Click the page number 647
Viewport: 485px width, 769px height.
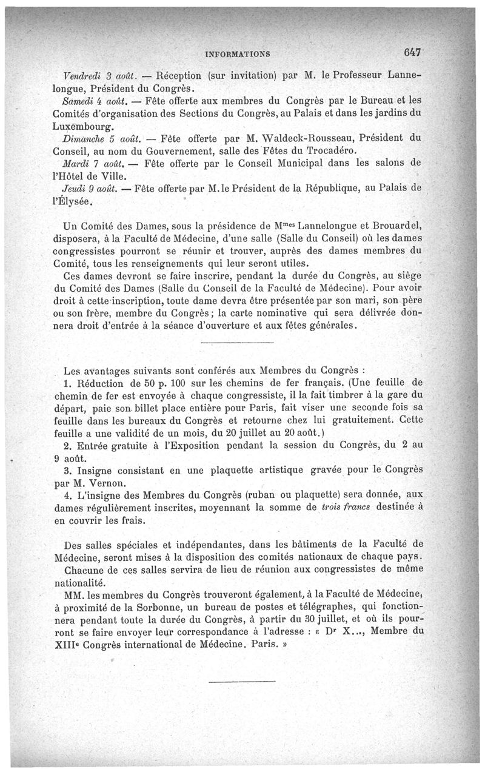click(x=410, y=52)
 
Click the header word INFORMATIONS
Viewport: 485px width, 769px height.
click(x=238, y=54)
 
